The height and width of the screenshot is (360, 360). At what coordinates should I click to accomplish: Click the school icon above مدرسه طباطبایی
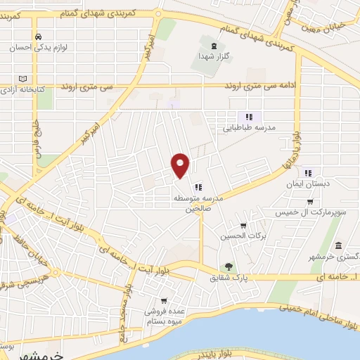coord(248,116)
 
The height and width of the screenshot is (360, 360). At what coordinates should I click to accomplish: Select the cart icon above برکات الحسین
coord(243,226)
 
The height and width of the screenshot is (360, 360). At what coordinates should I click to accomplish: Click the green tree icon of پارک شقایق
coord(228,266)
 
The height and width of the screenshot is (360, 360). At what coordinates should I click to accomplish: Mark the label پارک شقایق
coord(229,278)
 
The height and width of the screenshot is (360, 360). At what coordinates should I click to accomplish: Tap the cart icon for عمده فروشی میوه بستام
coord(164,300)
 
